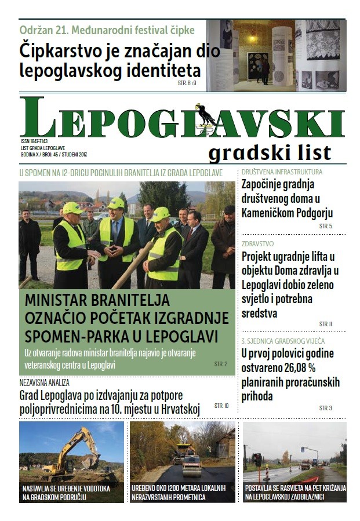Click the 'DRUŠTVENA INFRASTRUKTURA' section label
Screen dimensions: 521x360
click(282, 172)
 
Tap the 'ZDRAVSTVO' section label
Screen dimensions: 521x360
click(258, 244)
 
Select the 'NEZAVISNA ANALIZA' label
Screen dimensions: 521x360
click(45, 383)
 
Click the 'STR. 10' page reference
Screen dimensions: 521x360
click(221, 406)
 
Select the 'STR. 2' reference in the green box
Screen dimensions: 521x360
click(221, 364)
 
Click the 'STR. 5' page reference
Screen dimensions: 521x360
click(325, 225)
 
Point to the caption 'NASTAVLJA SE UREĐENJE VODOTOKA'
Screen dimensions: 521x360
click(66, 489)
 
